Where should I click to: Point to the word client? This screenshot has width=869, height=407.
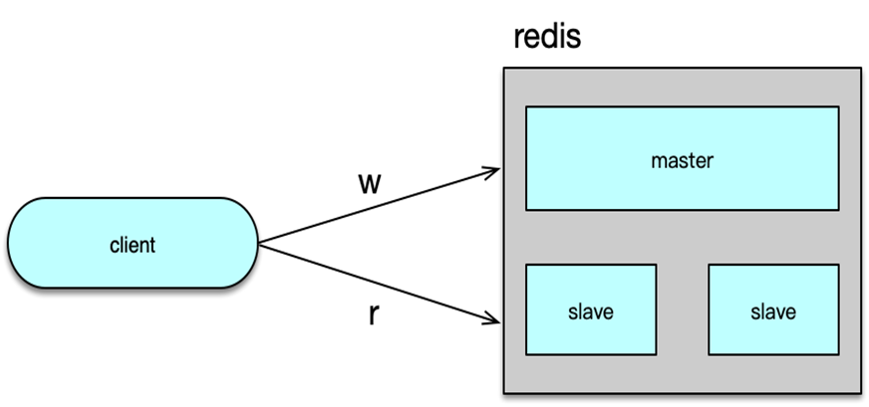click(x=133, y=244)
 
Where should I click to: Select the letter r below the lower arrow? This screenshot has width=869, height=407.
click(x=373, y=314)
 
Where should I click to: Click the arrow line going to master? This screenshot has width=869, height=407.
click(x=379, y=206)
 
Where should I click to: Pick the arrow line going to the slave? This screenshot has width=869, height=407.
click(x=379, y=284)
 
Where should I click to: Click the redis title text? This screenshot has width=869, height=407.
click(x=546, y=38)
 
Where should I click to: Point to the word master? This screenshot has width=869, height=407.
click(x=682, y=158)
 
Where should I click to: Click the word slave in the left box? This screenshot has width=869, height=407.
click(x=591, y=311)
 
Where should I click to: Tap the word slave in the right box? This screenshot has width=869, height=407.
click(x=773, y=311)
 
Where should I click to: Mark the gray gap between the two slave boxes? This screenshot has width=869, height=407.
click(x=682, y=309)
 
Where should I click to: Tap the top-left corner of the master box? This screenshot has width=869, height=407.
click(x=527, y=106)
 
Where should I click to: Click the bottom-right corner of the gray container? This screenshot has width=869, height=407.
click(x=859, y=390)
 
